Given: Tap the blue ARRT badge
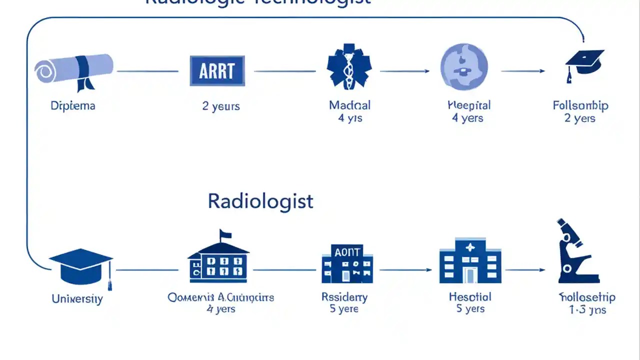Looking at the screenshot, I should [x=217, y=71].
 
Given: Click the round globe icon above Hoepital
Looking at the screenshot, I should [x=463, y=67].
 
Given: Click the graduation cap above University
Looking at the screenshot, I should [x=80, y=266].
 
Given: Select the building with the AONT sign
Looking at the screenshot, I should [x=347, y=263].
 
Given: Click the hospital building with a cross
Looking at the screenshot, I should [x=469, y=261].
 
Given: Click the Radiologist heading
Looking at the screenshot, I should [x=260, y=201].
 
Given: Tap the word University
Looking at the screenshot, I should [x=77, y=299].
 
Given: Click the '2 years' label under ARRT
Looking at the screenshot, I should [x=221, y=106].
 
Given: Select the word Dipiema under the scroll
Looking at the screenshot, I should [x=73, y=105].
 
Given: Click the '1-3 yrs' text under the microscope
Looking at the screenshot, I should [x=587, y=310].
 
